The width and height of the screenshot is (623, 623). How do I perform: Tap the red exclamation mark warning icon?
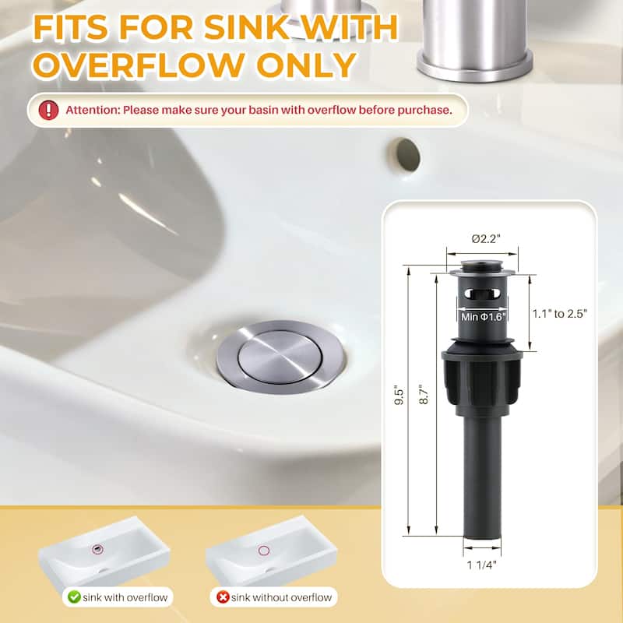tap(48, 110)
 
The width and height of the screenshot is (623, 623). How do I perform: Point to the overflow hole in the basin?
tap(406, 154)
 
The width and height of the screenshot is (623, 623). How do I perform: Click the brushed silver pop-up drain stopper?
tap(268, 356)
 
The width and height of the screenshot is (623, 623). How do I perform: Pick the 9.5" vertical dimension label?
tap(396, 400)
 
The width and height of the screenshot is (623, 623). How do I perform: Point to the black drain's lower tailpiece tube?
tap(481, 475)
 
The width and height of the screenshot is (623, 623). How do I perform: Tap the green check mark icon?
tap(74, 597)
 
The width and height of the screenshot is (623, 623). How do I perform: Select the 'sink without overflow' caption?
tap(279, 597)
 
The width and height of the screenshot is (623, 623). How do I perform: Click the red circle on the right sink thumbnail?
tap(264, 551)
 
